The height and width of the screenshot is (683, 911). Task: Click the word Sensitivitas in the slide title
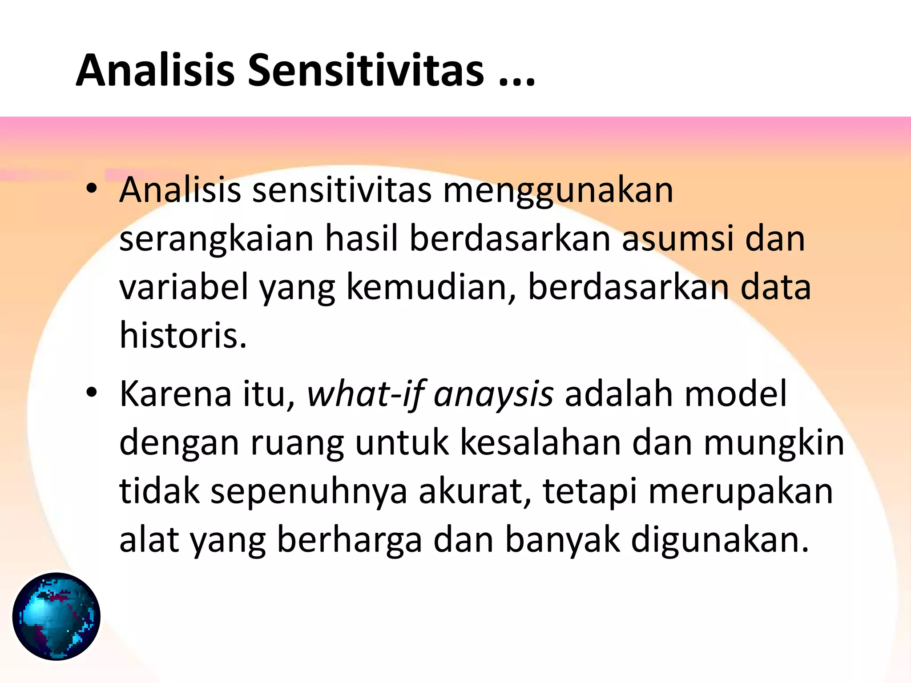coord(365,70)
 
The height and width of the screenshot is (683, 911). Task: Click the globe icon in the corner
coord(56,616)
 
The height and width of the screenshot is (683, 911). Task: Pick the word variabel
coord(184,287)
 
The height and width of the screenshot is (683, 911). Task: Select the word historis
coord(182,335)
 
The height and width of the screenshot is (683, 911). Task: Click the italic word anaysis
coord(493,394)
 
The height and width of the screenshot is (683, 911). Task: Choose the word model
coord(736,394)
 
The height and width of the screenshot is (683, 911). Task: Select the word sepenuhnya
coord(309,492)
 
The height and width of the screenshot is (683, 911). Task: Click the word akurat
coord(474,492)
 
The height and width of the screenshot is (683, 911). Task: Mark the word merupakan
coord(741,492)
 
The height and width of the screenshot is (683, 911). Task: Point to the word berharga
coord(349,541)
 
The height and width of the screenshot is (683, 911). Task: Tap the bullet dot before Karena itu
coord(92,393)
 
